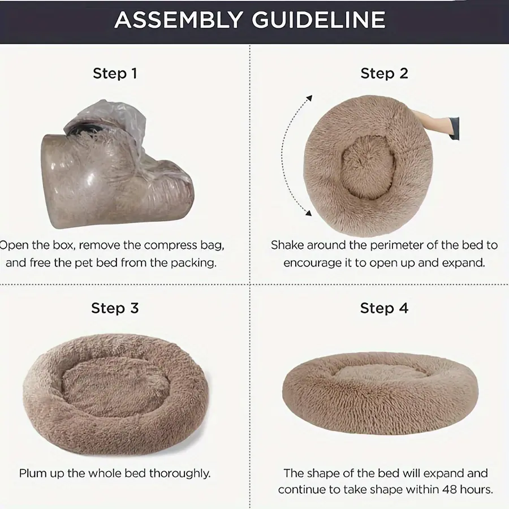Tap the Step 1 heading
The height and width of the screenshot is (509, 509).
click(115, 74)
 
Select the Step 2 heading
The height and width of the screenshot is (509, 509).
click(384, 74)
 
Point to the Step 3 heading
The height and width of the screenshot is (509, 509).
click(115, 308)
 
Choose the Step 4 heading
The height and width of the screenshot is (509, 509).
click(384, 308)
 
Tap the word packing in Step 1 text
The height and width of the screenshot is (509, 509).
click(197, 263)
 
